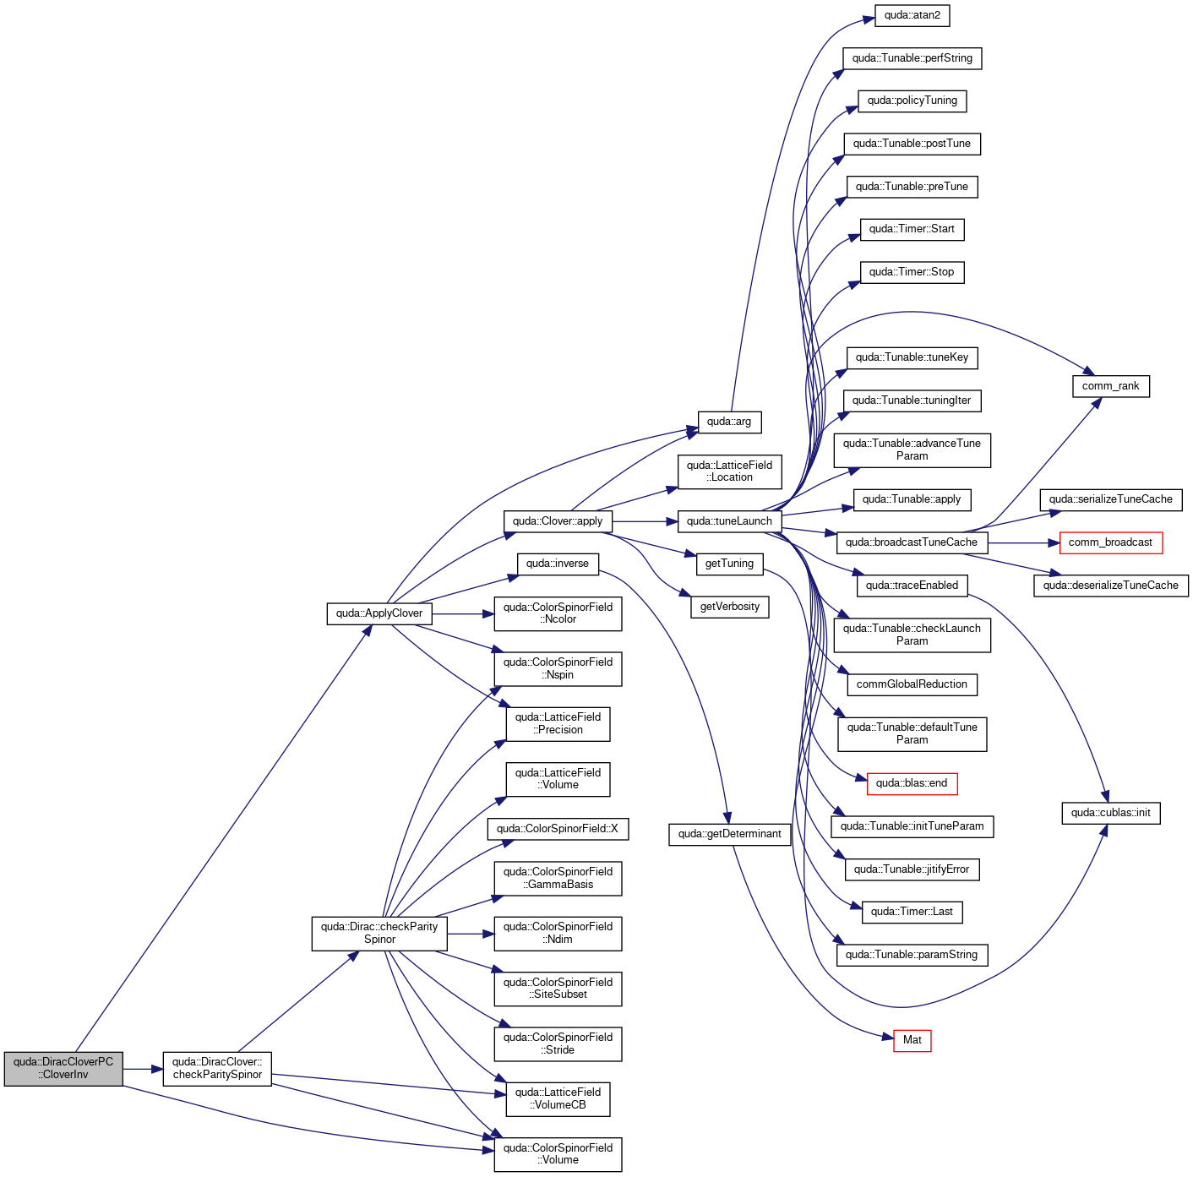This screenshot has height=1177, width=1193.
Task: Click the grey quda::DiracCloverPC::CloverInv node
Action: click(x=63, y=1068)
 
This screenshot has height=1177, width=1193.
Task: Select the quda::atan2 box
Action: click(x=912, y=15)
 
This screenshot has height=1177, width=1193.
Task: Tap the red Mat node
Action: click(x=912, y=1040)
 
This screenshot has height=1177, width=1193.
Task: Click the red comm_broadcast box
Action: click(x=1110, y=542)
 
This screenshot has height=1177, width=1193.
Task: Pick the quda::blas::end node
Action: click(x=912, y=783)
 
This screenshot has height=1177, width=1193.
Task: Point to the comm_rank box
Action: click(x=1110, y=386)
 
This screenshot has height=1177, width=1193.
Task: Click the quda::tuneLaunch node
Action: click(x=728, y=521)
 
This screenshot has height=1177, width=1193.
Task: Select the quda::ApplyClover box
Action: click(x=379, y=613)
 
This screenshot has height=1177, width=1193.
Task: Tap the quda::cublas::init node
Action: click(x=1110, y=812)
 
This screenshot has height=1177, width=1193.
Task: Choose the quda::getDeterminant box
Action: click(x=728, y=834)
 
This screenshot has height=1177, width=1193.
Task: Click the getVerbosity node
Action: click(x=729, y=607)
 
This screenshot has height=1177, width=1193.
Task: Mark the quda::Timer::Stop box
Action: click(x=912, y=272)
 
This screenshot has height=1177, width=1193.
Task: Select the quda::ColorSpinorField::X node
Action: click(x=557, y=828)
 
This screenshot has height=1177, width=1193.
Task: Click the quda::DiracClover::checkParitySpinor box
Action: click(x=216, y=1068)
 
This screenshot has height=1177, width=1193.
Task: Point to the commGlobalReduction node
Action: click(x=912, y=684)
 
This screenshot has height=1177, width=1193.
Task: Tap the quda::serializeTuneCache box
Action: click(x=1110, y=499)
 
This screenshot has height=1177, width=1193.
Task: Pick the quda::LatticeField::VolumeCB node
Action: click(x=557, y=1099)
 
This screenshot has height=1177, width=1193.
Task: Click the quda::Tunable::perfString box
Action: click(x=912, y=58)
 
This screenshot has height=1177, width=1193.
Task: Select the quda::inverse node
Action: click(x=557, y=564)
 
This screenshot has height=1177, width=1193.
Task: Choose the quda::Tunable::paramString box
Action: click(x=912, y=954)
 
